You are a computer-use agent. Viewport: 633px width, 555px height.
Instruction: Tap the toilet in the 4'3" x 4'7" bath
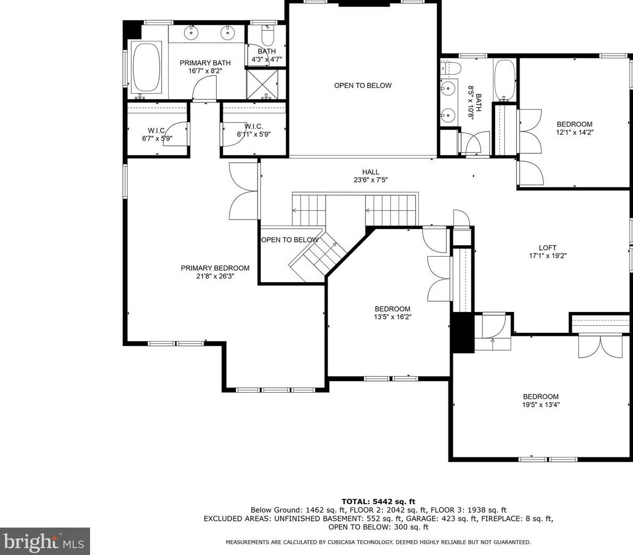click(x=267, y=36)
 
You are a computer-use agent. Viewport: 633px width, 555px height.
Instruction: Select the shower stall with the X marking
click(x=262, y=84)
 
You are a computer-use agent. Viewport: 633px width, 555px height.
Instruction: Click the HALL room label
click(x=371, y=172)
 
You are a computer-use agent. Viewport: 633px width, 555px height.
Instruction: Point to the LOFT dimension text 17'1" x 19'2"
click(x=548, y=256)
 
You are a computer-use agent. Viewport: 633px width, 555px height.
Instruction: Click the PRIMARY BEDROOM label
click(x=215, y=268)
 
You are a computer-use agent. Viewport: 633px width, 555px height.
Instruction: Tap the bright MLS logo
click(x=45, y=541)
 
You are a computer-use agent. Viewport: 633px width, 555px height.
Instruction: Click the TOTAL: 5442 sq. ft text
click(x=379, y=502)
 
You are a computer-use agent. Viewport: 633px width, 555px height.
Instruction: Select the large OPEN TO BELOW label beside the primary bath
click(x=363, y=85)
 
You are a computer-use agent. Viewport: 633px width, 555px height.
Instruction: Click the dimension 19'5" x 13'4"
click(x=541, y=405)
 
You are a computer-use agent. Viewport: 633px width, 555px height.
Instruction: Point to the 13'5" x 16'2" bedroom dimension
click(x=392, y=317)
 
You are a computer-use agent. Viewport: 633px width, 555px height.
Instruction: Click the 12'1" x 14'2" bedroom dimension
click(x=575, y=132)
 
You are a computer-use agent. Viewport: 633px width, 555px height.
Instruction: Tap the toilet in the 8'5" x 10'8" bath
click(x=451, y=68)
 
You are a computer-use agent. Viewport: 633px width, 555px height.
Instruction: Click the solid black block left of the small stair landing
click(x=463, y=333)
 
